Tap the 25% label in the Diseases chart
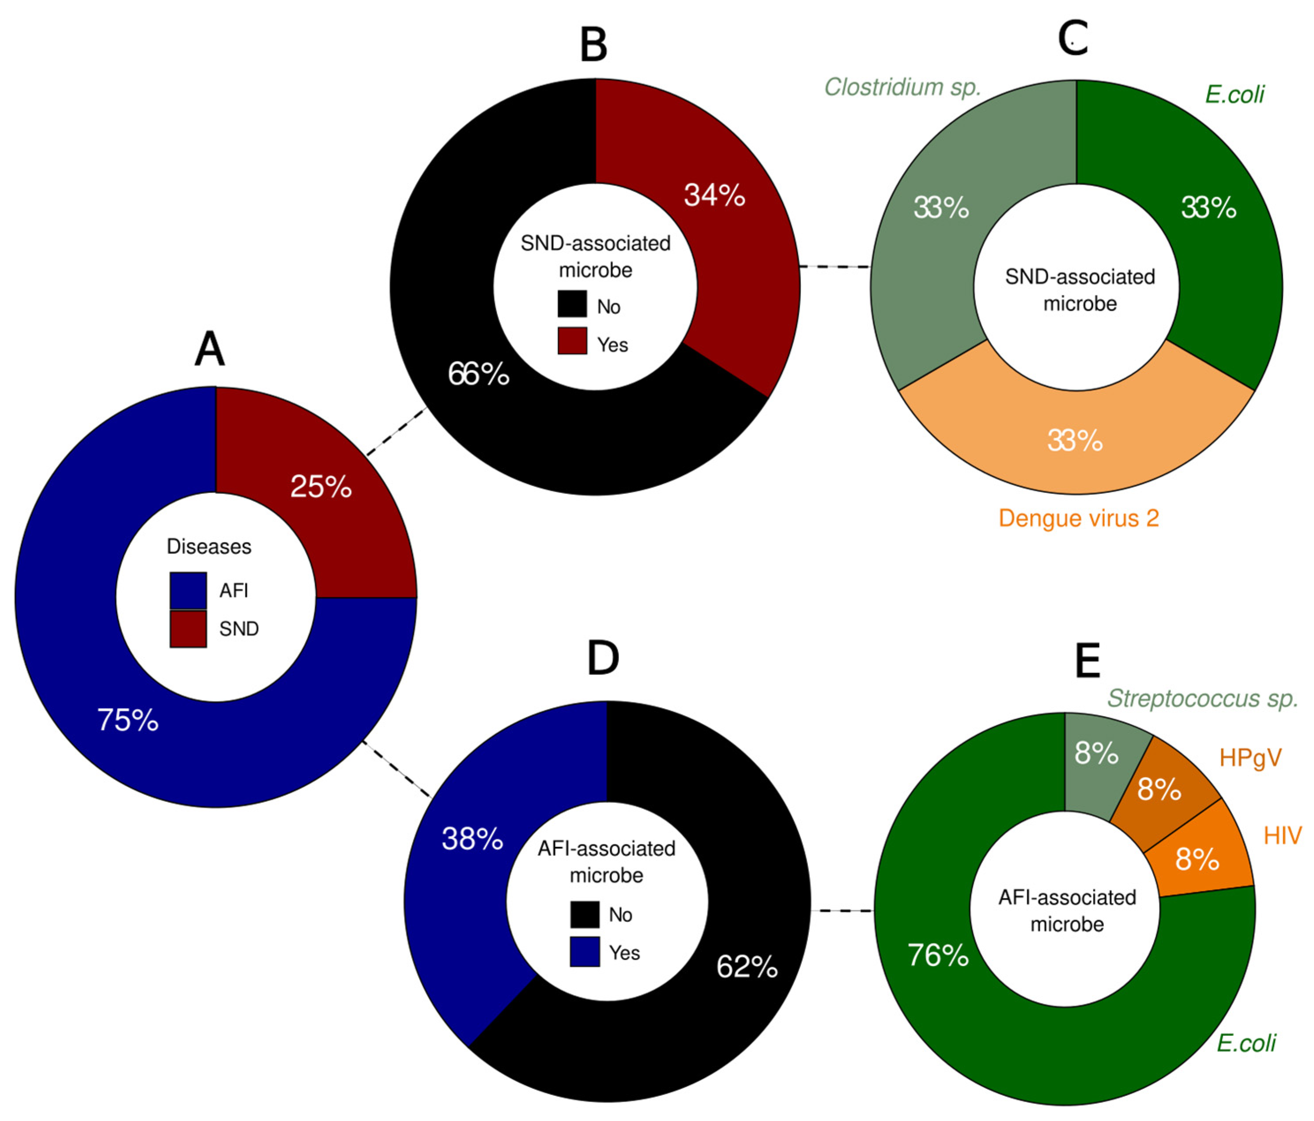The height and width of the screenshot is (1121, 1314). coord(321,487)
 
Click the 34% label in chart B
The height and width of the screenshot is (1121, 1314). coord(714,195)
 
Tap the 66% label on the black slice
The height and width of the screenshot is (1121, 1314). coord(478,374)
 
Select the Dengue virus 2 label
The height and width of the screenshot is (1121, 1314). coord(1079,519)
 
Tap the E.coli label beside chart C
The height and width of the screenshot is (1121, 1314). coord(1234,94)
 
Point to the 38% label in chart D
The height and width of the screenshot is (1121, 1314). coord(472,839)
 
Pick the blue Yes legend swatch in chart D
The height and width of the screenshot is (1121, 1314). coord(585,952)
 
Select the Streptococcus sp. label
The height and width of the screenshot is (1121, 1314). coord(1202,699)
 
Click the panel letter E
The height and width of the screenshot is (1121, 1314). coord(1087,661)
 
